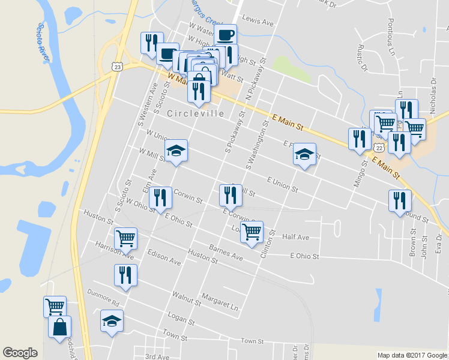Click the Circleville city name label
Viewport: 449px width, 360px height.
click(x=196, y=113)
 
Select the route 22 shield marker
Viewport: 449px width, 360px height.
click(x=378, y=147)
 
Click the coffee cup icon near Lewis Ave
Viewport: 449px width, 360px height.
click(x=225, y=34)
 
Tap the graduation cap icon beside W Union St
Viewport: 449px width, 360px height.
click(x=176, y=150)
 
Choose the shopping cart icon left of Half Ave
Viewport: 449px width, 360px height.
click(x=252, y=231)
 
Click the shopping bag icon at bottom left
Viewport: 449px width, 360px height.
click(x=59, y=327)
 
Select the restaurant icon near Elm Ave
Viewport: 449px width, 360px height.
click(x=159, y=197)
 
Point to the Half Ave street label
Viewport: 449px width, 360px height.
click(x=295, y=238)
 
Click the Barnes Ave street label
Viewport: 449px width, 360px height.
click(x=226, y=253)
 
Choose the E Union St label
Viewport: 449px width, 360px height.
click(x=282, y=184)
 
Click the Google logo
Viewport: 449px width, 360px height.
click(x=20, y=353)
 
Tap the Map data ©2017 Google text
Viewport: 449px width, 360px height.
click(x=412, y=355)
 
